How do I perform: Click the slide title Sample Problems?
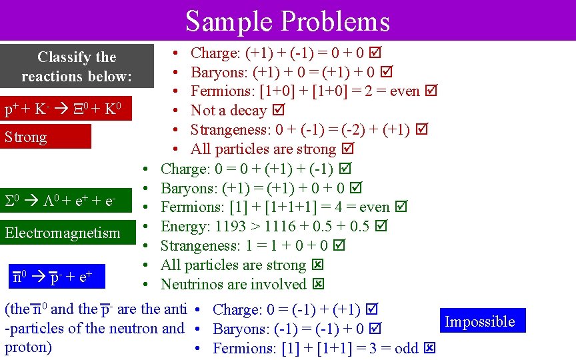[x=287, y=21]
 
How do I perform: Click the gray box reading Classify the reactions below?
[x=77, y=67]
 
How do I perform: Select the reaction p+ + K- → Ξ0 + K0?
[x=63, y=109]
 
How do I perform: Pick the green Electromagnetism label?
[x=63, y=233]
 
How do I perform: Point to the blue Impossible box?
[x=480, y=321]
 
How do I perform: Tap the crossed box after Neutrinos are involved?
[x=318, y=285]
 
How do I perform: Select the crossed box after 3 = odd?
[x=430, y=348]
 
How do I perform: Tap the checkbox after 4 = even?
[x=401, y=207]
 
